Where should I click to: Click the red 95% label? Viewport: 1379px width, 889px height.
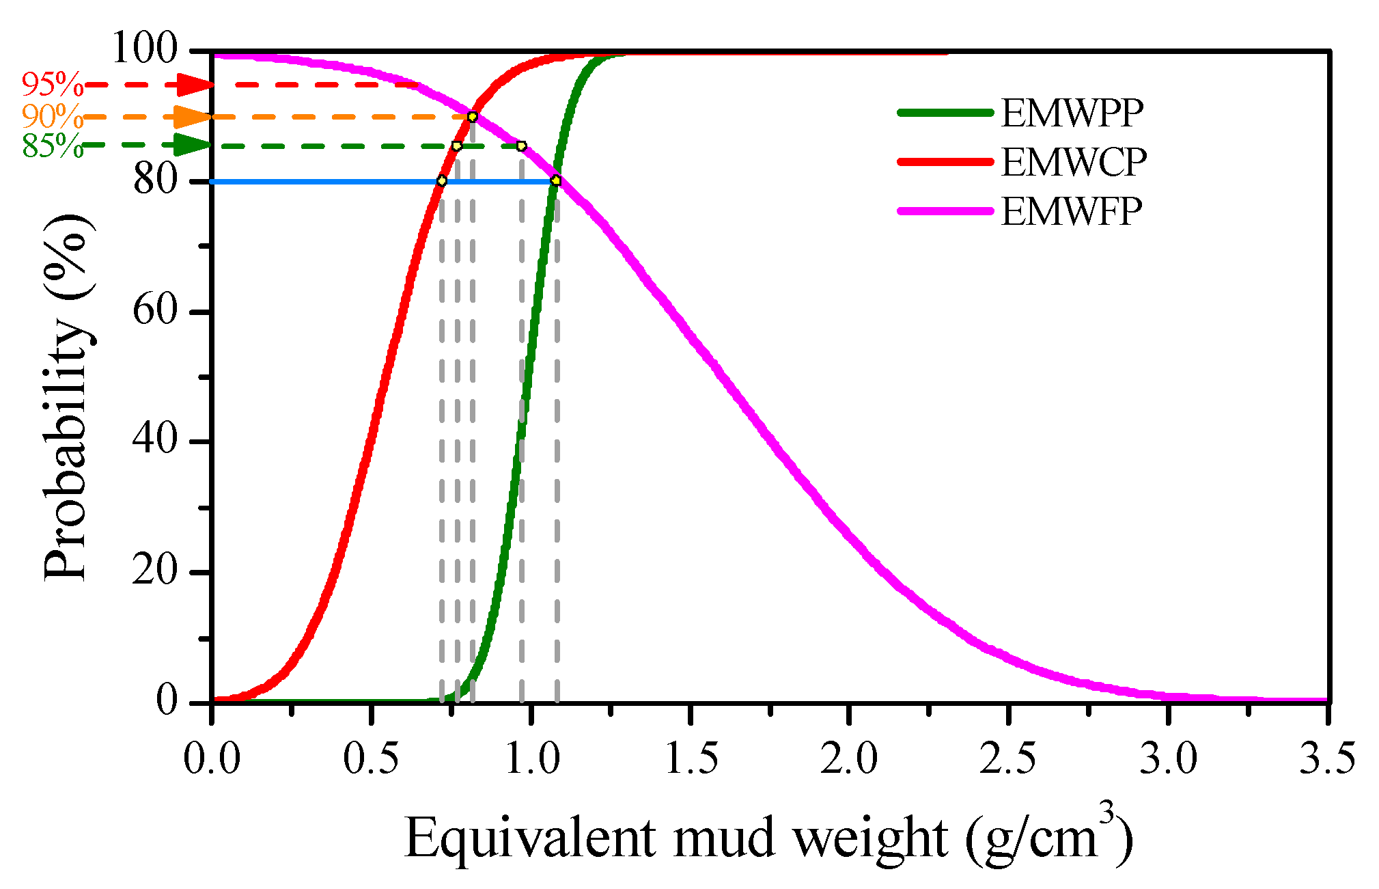pos(52,85)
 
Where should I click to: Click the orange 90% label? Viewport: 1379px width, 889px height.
pos(52,117)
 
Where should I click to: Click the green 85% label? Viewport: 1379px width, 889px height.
pos(52,146)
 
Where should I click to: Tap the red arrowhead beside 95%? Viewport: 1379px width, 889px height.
pos(195,85)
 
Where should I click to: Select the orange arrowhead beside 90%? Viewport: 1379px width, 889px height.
pos(193,117)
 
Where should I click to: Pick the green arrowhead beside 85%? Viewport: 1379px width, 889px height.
pos(193,145)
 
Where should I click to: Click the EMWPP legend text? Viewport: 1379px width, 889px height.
pos(1072,113)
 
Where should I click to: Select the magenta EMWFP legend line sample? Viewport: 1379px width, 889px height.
pos(945,211)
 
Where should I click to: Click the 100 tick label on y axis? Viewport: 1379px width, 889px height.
pos(144,49)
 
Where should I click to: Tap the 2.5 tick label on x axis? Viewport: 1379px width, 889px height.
pos(1007,759)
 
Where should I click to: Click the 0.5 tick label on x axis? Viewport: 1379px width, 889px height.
pos(370,759)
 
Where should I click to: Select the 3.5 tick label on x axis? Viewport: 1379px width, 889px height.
pos(1326,759)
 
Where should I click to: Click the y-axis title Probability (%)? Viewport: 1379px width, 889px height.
pos(67,396)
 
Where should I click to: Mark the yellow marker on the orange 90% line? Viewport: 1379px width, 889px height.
pos(472,117)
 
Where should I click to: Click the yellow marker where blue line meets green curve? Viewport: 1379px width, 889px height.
pos(556,180)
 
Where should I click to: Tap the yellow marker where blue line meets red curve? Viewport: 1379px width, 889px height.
pos(442,181)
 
